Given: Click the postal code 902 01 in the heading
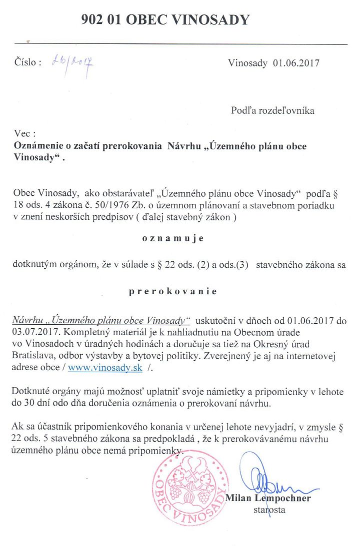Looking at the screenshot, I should [103, 19].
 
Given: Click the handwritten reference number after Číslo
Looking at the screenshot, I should [73, 62].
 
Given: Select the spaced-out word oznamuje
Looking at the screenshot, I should [173, 238].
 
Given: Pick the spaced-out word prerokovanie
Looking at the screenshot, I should [173, 291].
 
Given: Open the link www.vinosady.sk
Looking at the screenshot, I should [105, 368].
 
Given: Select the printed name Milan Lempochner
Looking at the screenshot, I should [268, 498].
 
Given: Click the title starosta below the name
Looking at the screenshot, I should [269, 510].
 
